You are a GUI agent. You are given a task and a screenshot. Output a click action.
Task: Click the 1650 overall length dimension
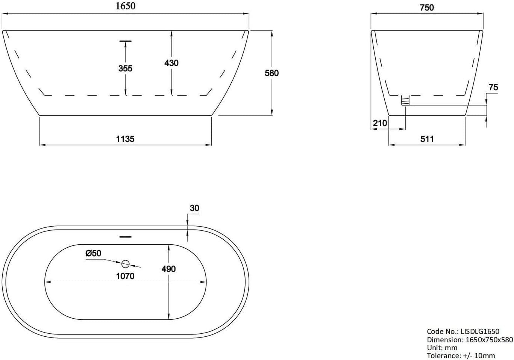[126, 6]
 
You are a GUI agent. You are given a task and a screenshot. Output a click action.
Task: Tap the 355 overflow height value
[125, 68]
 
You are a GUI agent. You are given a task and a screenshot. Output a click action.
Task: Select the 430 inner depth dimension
[171, 63]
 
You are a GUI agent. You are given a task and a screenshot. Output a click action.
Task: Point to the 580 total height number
[272, 73]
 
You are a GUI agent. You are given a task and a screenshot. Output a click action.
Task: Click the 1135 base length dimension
[125, 139]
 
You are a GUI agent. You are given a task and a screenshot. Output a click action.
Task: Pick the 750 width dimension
[427, 8]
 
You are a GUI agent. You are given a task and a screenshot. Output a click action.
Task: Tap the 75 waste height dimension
[493, 87]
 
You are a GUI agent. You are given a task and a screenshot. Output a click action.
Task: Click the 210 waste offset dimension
[380, 123]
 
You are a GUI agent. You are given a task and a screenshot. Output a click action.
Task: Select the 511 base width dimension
[427, 139]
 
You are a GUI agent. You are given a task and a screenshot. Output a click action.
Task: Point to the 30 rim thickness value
[194, 208]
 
